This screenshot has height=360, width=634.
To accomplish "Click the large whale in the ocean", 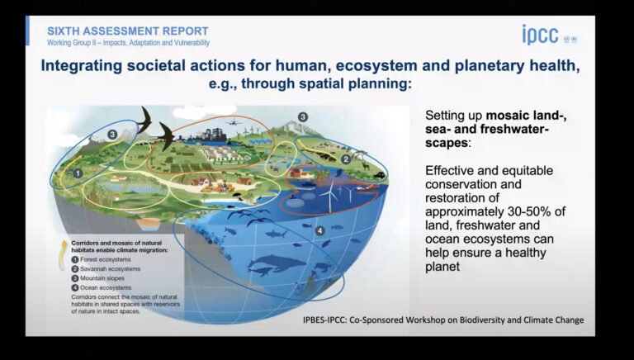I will point(269,267).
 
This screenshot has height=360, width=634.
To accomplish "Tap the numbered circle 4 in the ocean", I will point(319,232).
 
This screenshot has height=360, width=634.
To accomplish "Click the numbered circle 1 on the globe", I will point(78,173).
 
